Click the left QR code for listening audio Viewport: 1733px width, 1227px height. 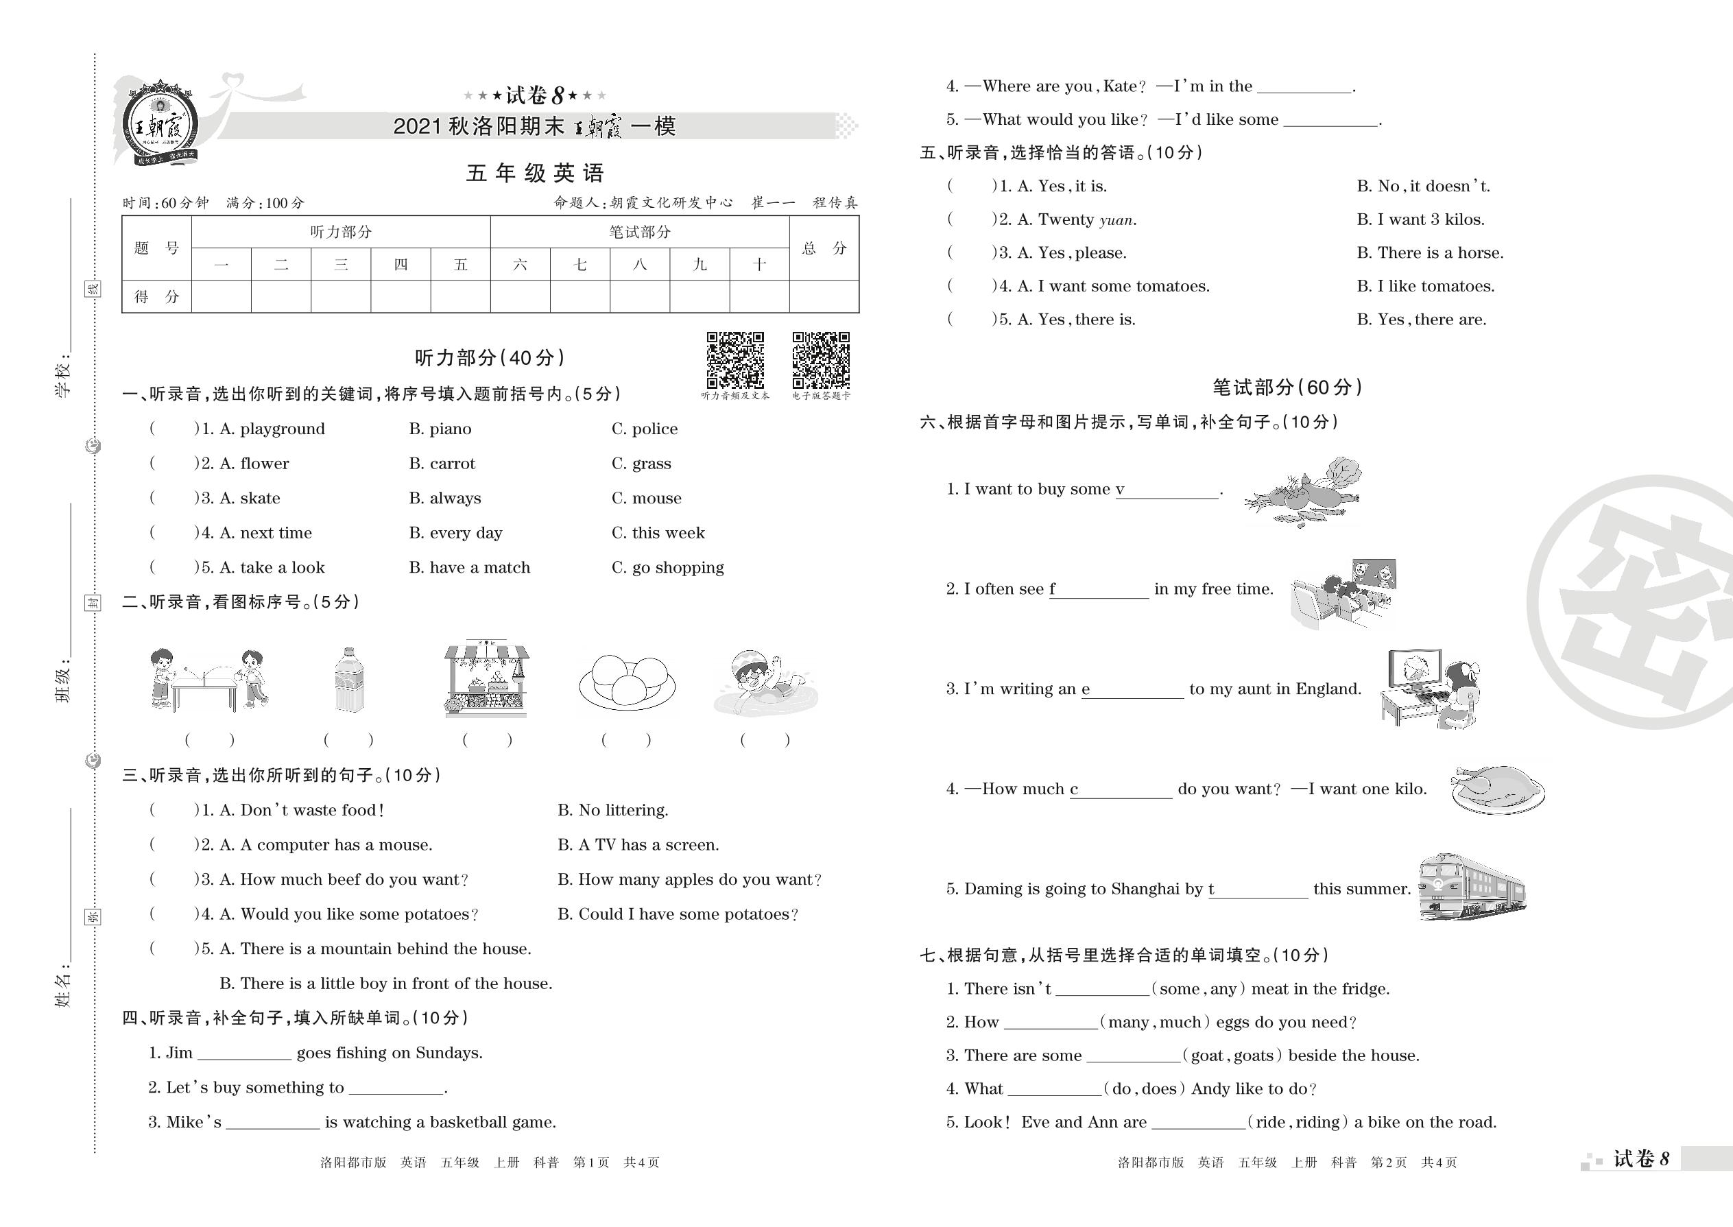coord(735,359)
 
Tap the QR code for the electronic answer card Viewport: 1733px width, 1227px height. coord(820,359)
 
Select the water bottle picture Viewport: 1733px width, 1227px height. coord(348,680)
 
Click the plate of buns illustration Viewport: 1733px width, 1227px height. coord(627,682)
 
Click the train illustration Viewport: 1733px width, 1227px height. coord(1472,888)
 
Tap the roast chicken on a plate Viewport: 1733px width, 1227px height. coord(1497,789)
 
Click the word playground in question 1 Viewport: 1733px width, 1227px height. coord(283,429)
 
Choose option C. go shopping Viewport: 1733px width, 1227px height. coord(668,567)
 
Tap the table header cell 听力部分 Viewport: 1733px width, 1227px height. coord(341,232)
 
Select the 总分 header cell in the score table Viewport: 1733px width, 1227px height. coord(824,248)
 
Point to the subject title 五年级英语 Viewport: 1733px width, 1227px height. coord(535,173)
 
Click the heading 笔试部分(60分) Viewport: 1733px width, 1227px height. coord(1287,388)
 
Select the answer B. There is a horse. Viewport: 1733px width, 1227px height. coord(1429,253)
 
